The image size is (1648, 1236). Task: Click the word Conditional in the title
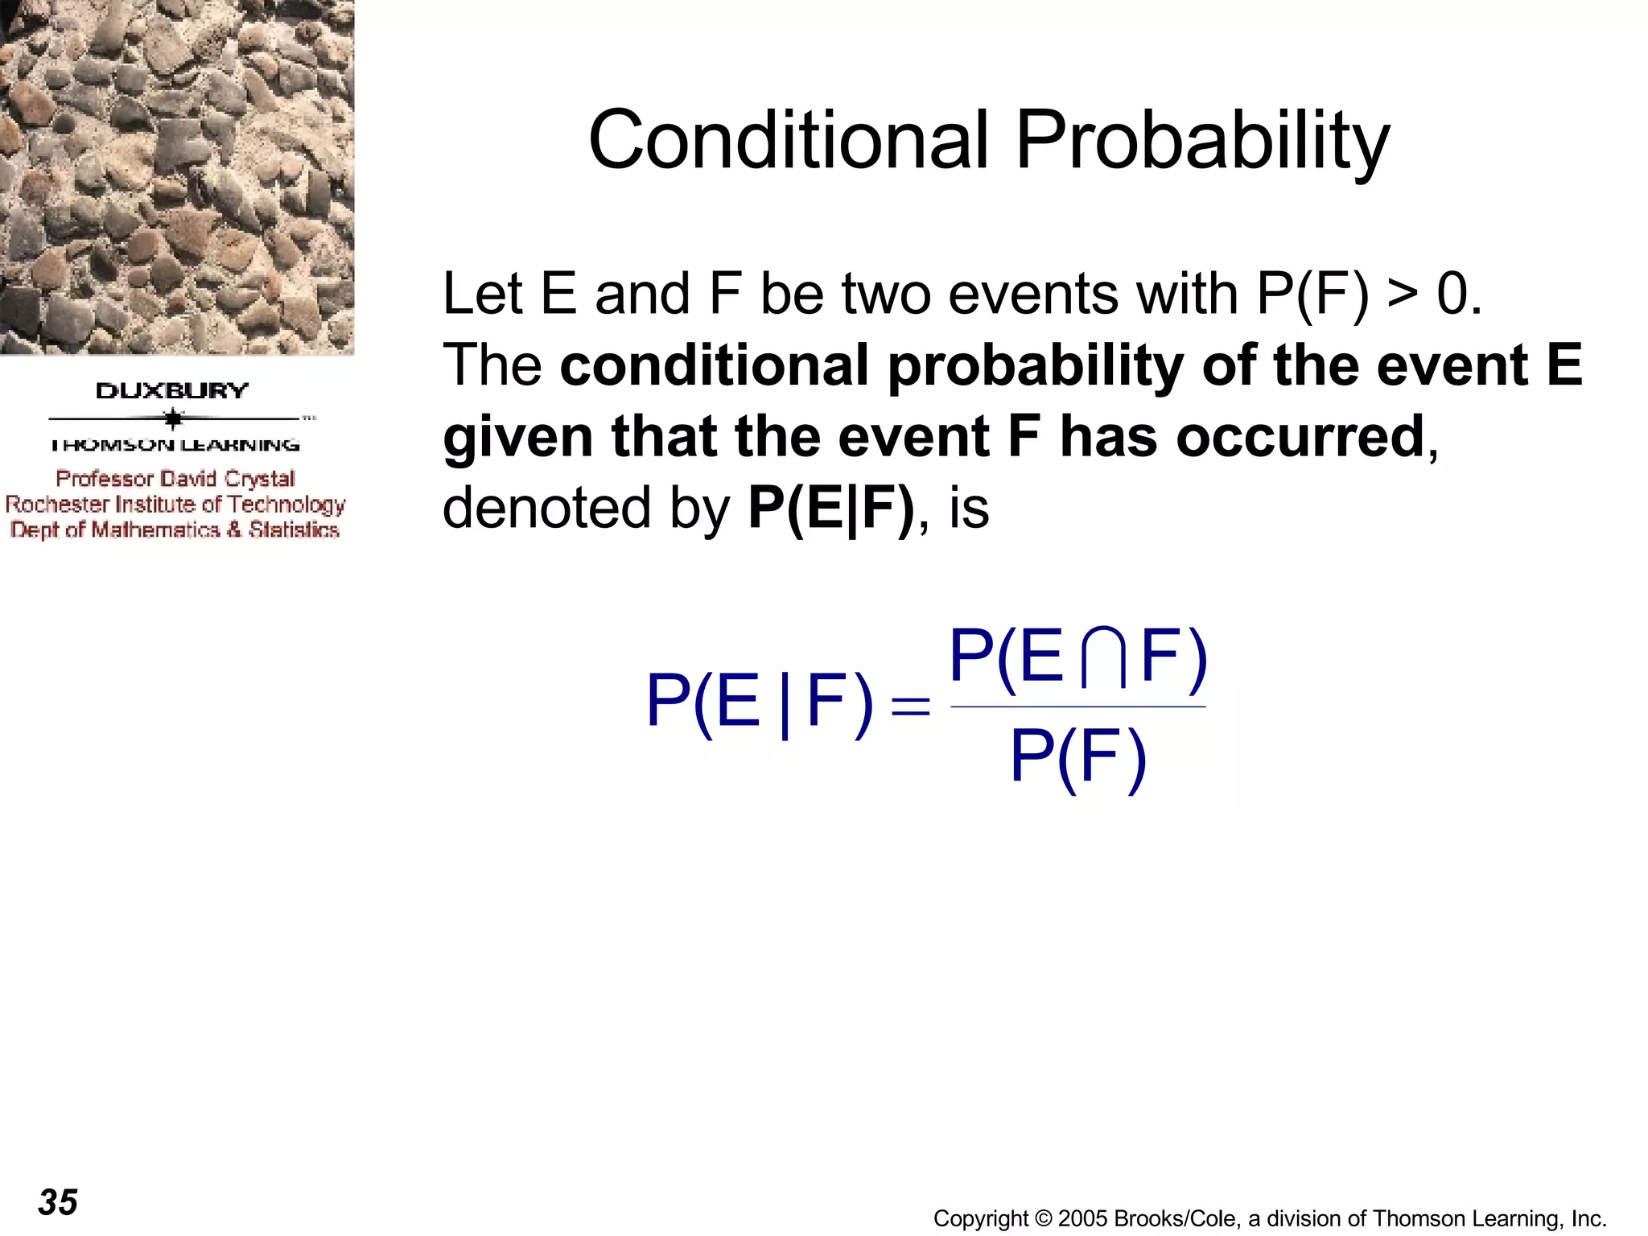point(787,141)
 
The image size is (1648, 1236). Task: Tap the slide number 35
point(58,1202)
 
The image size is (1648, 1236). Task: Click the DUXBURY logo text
point(172,391)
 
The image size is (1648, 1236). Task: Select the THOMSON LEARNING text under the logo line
point(175,445)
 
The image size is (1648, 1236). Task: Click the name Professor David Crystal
point(175,479)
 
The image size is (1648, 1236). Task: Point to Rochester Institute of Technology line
point(175,505)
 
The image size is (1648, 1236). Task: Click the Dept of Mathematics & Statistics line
point(175,530)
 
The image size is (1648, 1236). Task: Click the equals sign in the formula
point(911,707)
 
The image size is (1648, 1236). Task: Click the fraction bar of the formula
point(1077,707)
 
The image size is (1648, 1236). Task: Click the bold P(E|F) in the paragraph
point(830,509)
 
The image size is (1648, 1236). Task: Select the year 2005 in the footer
point(1083,1219)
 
